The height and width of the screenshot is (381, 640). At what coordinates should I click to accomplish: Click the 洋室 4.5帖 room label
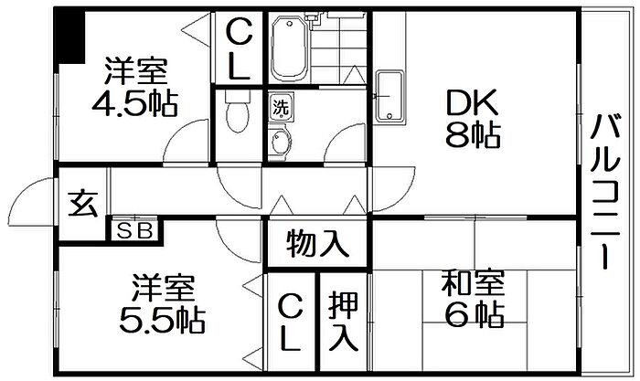tap(134, 87)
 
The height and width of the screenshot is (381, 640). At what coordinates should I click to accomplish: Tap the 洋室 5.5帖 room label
tap(162, 304)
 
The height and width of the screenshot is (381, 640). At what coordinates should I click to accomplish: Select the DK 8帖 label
tap(473, 118)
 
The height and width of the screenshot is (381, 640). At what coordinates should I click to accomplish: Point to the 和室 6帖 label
tap(474, 299)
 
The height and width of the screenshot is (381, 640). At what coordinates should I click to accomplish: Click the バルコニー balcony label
tap(605, 192)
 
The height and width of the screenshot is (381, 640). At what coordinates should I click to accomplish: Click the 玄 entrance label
tap(83, 204)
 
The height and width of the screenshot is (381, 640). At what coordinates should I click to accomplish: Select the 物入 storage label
tap(317, 244)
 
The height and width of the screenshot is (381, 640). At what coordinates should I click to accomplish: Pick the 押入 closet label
tap(344, 321)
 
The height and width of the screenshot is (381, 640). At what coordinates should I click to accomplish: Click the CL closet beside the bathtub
tap(239, 49)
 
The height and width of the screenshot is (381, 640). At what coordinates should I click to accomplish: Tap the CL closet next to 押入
tap(291, 323)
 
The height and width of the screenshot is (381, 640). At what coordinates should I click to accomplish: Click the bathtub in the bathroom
tap(289, 48)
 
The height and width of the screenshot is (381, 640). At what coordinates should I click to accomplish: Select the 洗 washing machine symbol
tap(281, 107)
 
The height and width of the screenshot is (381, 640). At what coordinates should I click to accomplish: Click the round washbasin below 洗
tap(280, 142)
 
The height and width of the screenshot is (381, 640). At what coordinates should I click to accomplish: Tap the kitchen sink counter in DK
tap(389, 97)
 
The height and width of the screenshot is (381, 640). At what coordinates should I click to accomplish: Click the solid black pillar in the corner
tap(70, 37)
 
